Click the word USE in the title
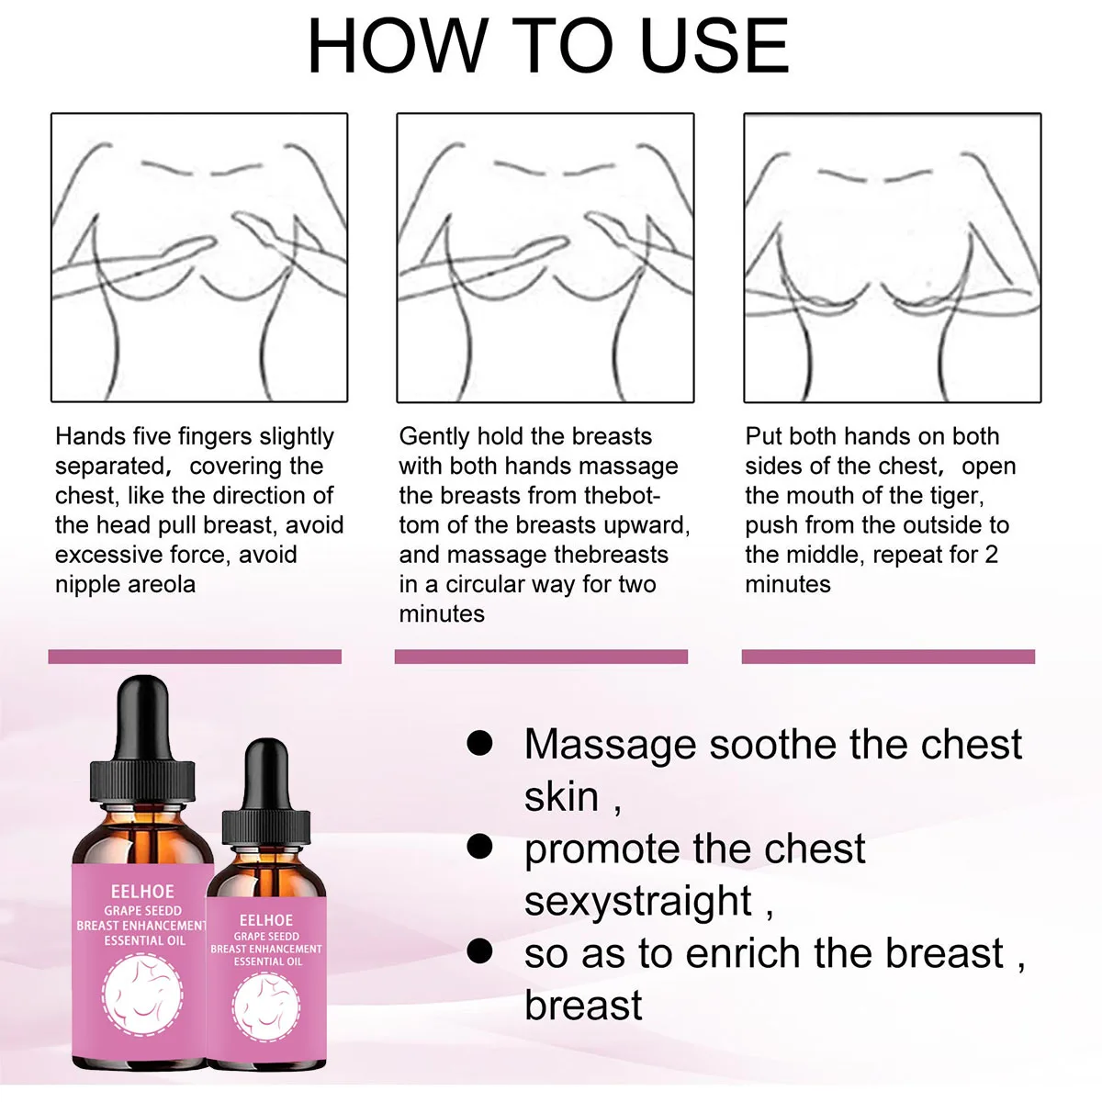click(714, 46)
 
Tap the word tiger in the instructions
click(960, 497)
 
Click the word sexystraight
click(637, 901)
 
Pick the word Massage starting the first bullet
click(610, 746)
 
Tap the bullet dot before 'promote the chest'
click(479, 847)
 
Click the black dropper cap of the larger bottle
click(143, 739)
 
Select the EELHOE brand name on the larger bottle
click(142, 891)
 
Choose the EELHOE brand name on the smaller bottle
click(266, 920)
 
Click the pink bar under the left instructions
click(195, 657)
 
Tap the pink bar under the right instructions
click(888, 657)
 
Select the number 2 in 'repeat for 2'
click(991, 555)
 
